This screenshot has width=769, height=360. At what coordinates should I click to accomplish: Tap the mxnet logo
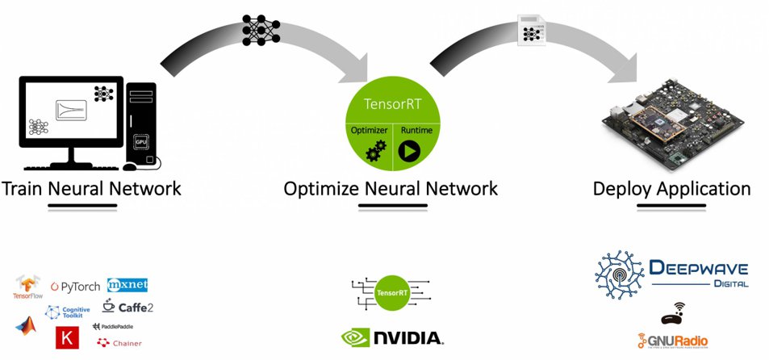[127, 286]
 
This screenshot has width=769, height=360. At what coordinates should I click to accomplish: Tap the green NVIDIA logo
[391, 337]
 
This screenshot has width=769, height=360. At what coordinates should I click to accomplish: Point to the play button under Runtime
[409, 151]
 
